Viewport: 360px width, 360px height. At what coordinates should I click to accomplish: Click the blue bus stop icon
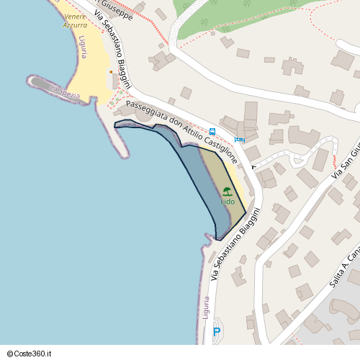click(212, 131)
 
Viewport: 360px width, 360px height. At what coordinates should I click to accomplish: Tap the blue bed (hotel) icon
click(239, 139)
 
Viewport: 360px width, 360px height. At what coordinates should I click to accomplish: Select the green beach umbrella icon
click(228, 192)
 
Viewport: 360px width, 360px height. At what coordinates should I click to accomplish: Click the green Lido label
click(228, 202)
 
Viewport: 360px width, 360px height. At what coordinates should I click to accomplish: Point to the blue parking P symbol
click(216, 332)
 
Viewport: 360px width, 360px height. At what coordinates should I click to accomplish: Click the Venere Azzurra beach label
click(75, 20)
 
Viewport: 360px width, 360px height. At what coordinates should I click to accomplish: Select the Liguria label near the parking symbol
click(207, 308)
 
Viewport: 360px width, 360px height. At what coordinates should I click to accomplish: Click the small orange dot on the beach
click(110, 71)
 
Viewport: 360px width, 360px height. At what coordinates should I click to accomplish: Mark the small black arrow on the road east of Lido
click(253, 166)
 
